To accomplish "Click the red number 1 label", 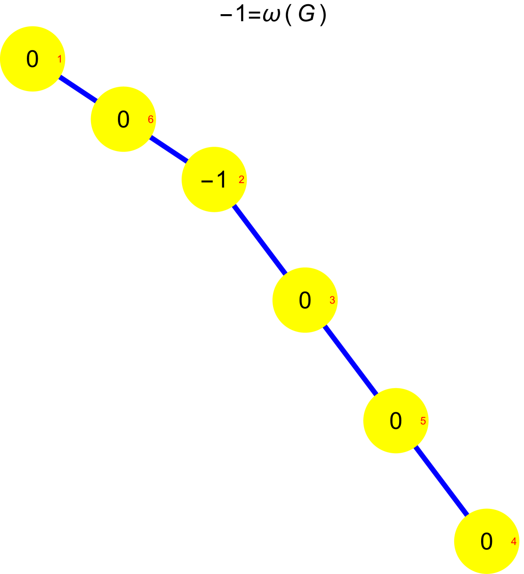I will click(x=59, y=59).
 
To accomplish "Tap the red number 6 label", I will click(x=150, y=120).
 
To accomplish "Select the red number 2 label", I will click(x=241, y=180).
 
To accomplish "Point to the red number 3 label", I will click(x=332, y=300).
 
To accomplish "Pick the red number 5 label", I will click(x=423, y=421).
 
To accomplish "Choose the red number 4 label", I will click(x=514, y=542).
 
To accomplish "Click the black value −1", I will click(x=214, y=180).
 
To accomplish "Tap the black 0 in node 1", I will click(x=32, y=59).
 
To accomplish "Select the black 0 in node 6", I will click(x=123, y=120).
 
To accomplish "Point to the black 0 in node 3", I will click(x=305, y=300).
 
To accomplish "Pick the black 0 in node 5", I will click(x=396, y=421).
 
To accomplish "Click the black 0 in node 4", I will click(x=486, y=542).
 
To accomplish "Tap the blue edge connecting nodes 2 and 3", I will click(x=260, y=240).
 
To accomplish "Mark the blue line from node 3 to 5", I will click(x=350, y=361).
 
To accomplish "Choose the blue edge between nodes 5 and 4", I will click(x=441, y=482).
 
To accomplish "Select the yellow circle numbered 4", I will click(x=486, y=559).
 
